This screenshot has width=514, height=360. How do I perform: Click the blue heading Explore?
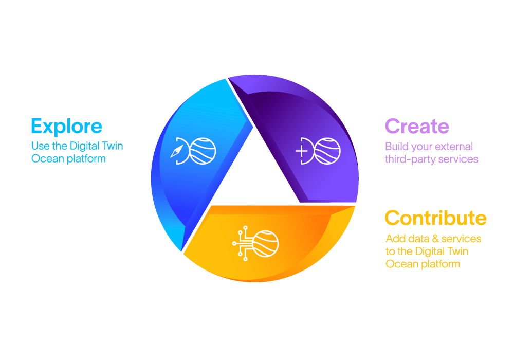[66, 126]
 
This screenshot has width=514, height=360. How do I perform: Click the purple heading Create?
[417, 126]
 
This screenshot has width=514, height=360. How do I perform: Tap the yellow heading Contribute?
[435, 218]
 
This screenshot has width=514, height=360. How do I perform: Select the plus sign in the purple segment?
[301, 151]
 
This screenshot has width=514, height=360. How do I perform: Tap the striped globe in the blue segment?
[203, 151]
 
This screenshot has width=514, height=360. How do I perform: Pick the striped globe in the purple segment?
[327, 151]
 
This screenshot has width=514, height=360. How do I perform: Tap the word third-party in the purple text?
[409, 159]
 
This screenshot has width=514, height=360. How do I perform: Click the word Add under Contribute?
[395, 239]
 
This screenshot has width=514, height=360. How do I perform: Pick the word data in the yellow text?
[418, 239]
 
